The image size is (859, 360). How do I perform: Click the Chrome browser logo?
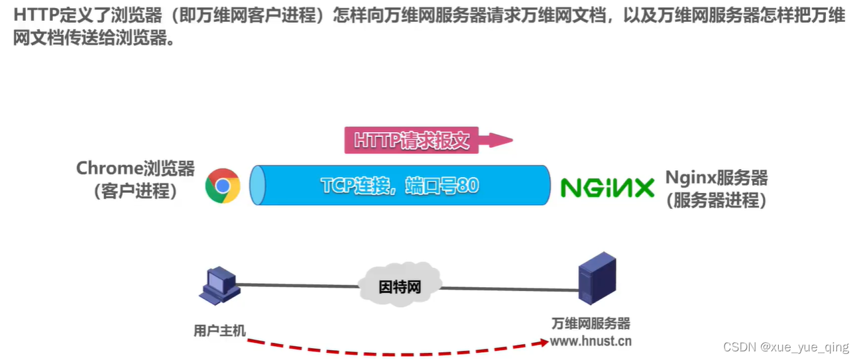tap(222, 186)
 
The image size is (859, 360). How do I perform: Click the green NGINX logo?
tap(607, 188)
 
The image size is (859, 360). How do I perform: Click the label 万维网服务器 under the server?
tap(591, 324)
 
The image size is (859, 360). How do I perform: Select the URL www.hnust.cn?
tap(591, 341)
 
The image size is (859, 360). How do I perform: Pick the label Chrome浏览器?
tap(136, 168)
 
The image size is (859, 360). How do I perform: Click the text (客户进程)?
tap(136, 192)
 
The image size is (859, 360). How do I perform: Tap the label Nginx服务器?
tap(716, 178)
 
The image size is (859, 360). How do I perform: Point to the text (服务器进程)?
tap(716, 200)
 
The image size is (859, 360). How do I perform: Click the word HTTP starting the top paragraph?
tap(33, 16)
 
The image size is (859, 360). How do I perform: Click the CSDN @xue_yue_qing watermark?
tap(785, 347)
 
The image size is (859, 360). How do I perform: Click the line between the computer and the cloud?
tap(298, 286)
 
